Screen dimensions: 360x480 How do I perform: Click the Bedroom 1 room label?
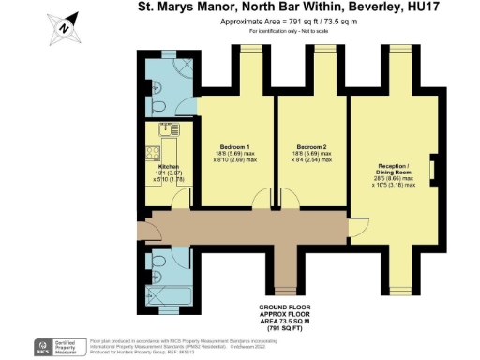coord(233,147)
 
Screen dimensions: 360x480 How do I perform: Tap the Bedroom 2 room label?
coord(310,147)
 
